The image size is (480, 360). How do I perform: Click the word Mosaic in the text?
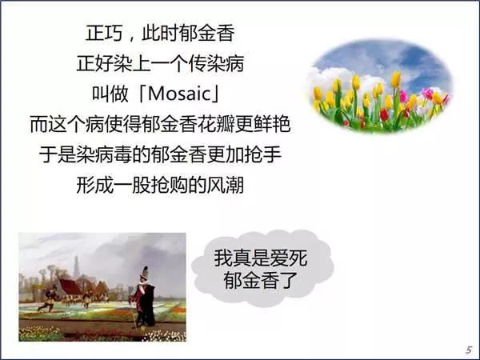(x=178, y=94)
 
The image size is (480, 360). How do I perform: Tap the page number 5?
(x=468, y=350)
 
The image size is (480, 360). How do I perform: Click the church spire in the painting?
(x=76, y=266)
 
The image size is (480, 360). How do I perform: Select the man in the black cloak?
(x=143, y=298)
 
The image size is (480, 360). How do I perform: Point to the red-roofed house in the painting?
(x=70, y=288)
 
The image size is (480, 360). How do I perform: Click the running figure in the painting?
(x=48, y=298)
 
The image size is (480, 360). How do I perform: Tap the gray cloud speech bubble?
(x=262, y=269)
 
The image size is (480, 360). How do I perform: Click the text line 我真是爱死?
(x=261, y=258)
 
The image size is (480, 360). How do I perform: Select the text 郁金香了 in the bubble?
(x=261, y=280)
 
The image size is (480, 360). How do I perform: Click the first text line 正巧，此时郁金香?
(x=160, y=33)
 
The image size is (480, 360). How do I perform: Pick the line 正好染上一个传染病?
(x=160, y=63)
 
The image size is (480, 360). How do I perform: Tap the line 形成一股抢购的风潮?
(x=160, y=185)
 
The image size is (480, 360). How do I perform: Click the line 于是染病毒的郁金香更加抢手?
(x=160, y=154)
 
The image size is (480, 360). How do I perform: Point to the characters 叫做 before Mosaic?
(x=110, y=94)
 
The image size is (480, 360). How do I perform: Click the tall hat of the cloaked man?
(x=144, y=272)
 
